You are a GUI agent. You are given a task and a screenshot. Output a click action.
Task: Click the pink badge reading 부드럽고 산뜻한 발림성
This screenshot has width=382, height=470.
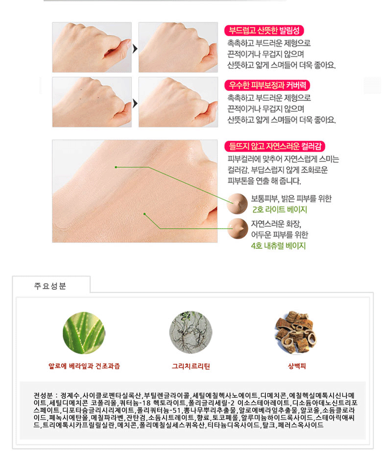tap(264, 30)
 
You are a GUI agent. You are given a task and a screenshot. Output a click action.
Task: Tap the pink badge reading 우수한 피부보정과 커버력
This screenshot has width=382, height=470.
tap(267, 85)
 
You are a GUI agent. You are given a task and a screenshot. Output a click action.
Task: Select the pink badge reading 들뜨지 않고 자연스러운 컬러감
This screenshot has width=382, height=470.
tap(275, 146)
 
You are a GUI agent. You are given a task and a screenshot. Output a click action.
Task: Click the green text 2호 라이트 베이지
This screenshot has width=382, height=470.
tap(280, 210)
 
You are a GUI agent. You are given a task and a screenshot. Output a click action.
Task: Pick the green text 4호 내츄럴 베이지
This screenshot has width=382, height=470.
tap(278, 246)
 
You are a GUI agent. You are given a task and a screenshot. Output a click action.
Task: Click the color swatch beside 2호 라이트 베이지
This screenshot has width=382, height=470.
tap(237, 204)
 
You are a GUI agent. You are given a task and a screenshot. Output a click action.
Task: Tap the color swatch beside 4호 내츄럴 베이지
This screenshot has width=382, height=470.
tap(238, 229)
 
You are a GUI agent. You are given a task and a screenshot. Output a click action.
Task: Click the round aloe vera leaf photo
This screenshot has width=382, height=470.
tap(84, 333)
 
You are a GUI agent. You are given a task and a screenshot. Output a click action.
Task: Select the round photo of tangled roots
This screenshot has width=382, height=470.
tap(191, 332)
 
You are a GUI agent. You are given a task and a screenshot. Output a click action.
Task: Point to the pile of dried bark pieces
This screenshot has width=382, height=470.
tap(296, 332)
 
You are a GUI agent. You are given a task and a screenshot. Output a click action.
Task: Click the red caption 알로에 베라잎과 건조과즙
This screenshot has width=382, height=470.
tap(84, 366)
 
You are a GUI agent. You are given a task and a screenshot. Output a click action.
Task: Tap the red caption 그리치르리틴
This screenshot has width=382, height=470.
tap(191, 366)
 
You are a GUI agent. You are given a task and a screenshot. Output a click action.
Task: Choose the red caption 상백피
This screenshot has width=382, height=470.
tap(297, 366)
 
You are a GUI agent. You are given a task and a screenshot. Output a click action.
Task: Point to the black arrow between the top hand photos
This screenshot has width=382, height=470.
tap(135, 48)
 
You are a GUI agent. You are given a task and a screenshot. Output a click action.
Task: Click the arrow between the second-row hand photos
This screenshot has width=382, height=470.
tap(135, 103)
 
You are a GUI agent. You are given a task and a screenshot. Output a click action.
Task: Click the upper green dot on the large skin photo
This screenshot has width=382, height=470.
tap(116, 167)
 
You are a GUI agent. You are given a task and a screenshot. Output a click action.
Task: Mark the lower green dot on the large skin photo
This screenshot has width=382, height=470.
tap(144, 214)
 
